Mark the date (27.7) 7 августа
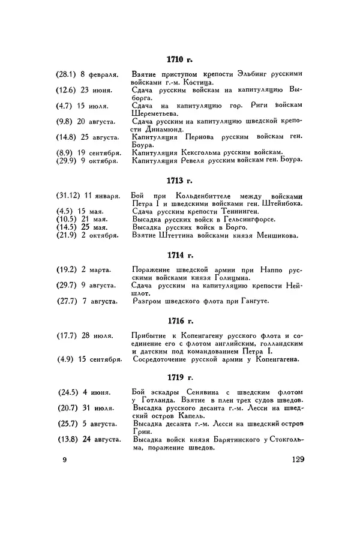[x=88, y=301]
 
